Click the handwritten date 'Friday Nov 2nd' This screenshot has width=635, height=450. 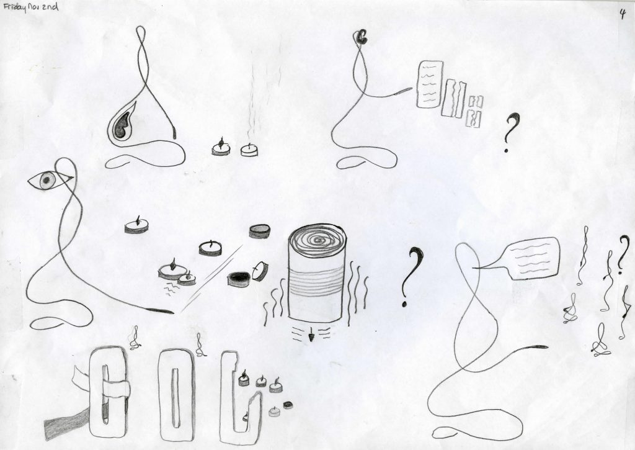pos(30,7)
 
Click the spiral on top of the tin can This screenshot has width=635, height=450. pos(318,240)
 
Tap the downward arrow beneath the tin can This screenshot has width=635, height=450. pos(311,336)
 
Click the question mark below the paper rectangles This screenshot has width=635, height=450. pos(511,132)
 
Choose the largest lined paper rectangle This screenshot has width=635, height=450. pos(429,84)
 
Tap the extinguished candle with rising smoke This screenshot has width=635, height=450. pos(249,150)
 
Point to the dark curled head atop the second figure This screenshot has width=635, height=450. pos(361,37)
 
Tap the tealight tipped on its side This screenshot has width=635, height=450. pos(260,271)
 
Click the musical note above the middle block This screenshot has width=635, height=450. pos(199,345)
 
